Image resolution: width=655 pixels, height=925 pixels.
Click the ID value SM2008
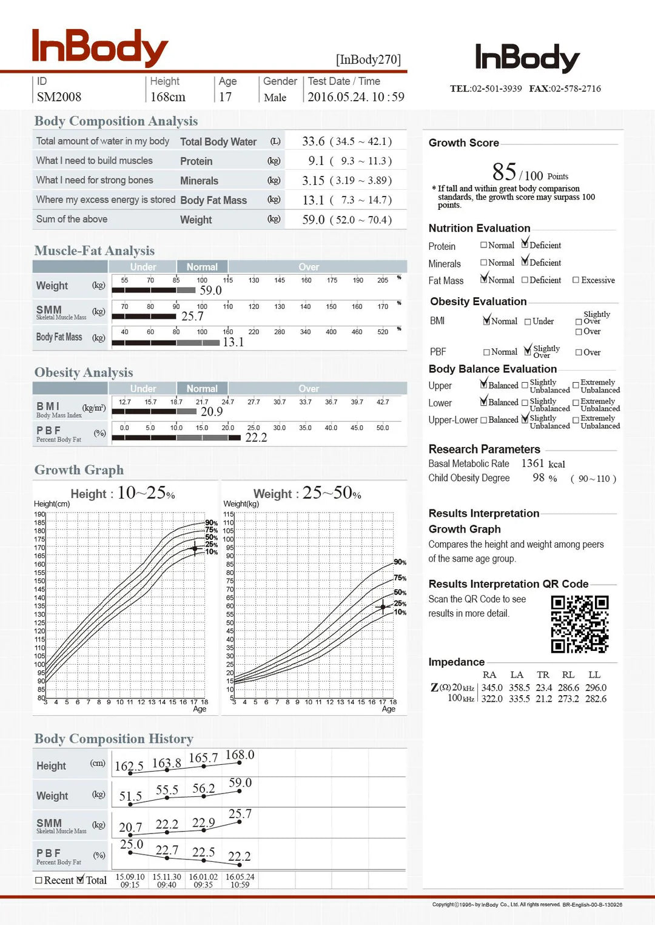click(x=59, y=97)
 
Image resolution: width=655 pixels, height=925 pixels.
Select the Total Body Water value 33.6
click(x=314, y=141)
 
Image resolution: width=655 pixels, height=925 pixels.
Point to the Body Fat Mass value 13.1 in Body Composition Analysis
click(x=314, y=200)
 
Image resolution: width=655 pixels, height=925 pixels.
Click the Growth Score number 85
click(x=504, y=172)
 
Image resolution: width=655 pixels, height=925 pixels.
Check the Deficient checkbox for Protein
click(x=525, y=245)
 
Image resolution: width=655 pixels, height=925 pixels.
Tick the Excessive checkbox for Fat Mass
click(x=576, y=280)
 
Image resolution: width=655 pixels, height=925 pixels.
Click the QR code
click(x=579, y=624)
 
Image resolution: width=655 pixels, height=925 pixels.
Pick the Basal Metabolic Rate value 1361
click(x=532, y=463)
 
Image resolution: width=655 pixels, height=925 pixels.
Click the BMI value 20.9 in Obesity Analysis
click(x=212, y=412)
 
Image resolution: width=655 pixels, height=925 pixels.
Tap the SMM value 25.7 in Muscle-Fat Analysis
click(x=192, y=316)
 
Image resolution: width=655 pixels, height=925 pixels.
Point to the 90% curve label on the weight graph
click(x=400, y=562)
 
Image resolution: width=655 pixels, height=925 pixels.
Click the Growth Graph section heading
click(x=79, y=470)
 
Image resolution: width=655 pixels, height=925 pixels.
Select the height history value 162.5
click(x=129, y=766)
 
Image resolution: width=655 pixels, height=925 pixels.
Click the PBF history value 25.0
click(x=132, y=844)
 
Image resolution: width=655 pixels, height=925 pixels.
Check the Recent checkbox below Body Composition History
click(x=39, y=880)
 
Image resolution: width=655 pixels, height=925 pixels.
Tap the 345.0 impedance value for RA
click(x=492, y=688)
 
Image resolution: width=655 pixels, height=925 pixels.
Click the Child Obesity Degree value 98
click(x=539, y=478)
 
